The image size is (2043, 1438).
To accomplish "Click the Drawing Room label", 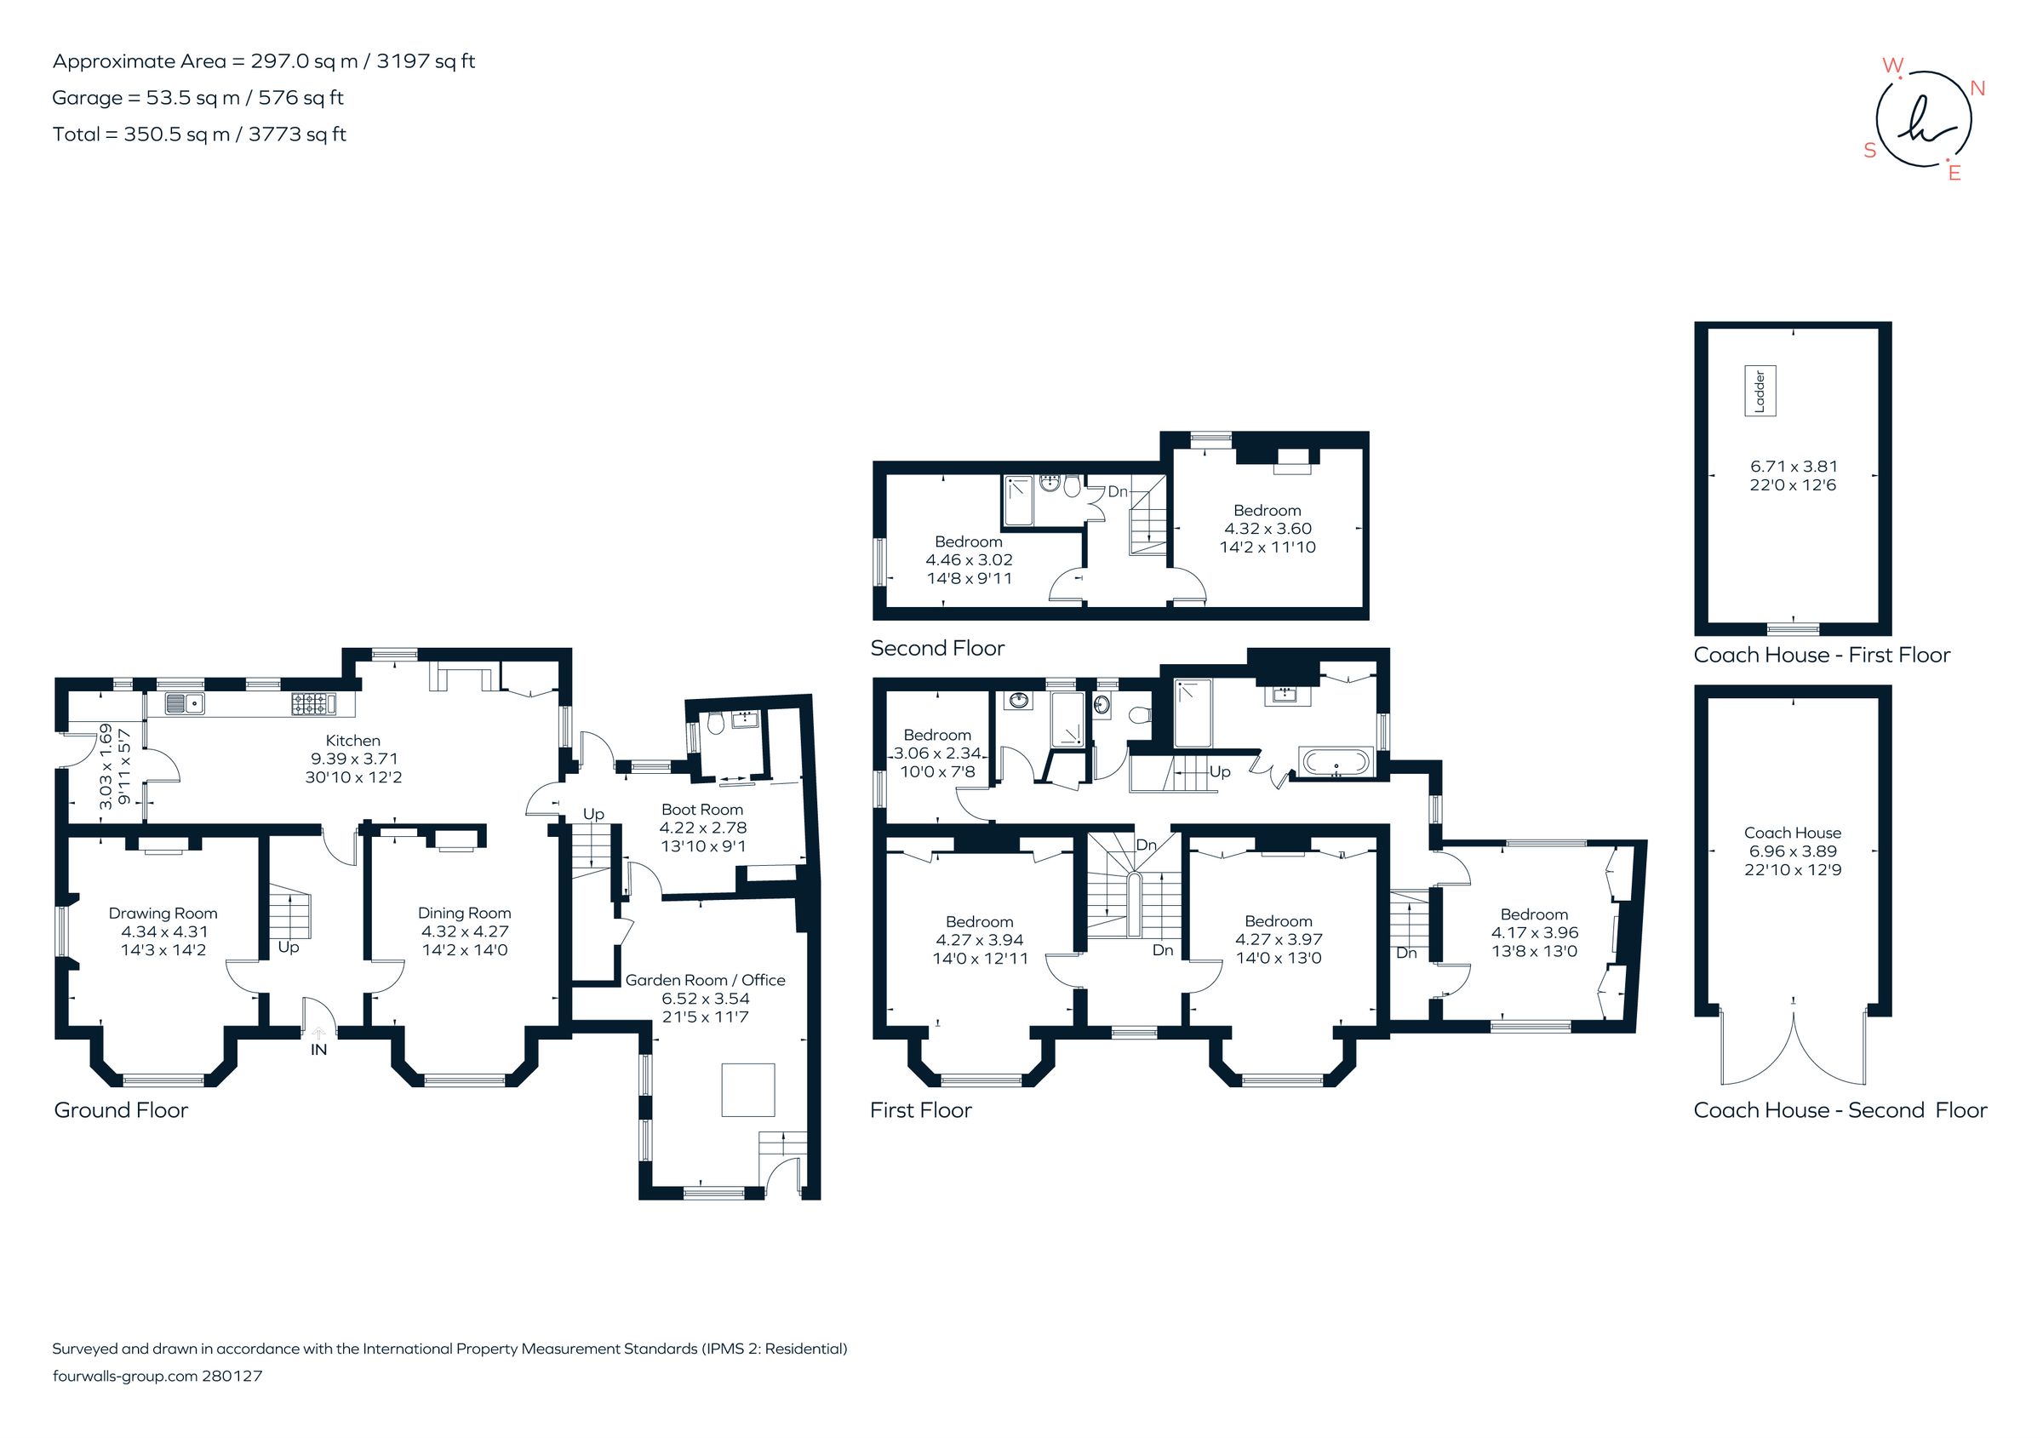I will tap(163, 913).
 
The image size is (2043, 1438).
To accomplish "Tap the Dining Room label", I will tap(465, 913).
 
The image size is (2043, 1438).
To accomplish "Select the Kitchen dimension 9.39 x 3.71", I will tap(353, 758).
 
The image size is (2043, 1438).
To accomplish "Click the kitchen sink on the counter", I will tap(185, 704).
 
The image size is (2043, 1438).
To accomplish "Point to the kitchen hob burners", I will tap(309, 704).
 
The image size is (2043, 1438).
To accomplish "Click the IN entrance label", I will tap(318, 1050).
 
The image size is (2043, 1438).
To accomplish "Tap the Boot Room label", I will tap(702, 810).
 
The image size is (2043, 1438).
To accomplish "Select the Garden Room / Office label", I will tap(705, 980).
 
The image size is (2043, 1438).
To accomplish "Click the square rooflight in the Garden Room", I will tap(747, 1090).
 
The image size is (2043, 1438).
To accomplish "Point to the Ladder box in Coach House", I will tap(1760, 391).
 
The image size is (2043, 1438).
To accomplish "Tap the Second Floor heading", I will tap(937, 649).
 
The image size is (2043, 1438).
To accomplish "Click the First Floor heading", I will tap(920, 1110).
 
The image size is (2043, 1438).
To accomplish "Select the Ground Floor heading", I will tap(121, 1110).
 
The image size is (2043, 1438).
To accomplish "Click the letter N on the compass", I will tap(1978, 88).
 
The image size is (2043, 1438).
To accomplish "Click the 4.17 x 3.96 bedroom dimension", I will tap(1534, 932).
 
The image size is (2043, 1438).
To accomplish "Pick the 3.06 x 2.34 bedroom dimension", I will tap(937, 753).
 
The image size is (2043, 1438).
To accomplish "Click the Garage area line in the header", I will tap(197, 98).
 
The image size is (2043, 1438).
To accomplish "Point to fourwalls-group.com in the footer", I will tap(124, 1376).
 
